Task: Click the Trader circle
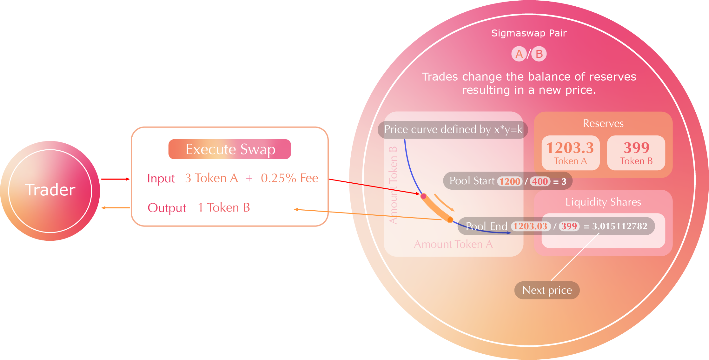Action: (x=50, y=191)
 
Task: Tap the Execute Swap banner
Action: (x=230, y=149)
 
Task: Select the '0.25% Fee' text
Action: (x=289, y=178)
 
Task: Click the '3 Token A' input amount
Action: (x=211, y=178)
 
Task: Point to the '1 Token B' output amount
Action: (x=224, y=208)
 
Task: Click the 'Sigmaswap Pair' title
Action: (x=529, y=33)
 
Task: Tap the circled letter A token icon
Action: (x=519, y=54)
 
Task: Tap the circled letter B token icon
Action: (x=539, y=54)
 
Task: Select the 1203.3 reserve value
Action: (x=570, y=148)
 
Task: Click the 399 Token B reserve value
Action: (x=636, y=148)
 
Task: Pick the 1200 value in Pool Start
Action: (x=510, y=181)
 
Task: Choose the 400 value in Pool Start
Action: (x=540, y=181)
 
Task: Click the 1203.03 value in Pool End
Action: (x=530, y=226)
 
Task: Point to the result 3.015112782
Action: (x=620, y=226)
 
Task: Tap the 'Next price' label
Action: (x=547, y=290)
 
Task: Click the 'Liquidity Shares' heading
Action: (x=603, y=202)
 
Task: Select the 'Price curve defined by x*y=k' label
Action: (x=453, y=129)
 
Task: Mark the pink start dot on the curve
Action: (x=423, y=196)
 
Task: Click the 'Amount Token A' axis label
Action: (x=453, y=244)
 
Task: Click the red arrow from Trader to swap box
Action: (x=115, y=179)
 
